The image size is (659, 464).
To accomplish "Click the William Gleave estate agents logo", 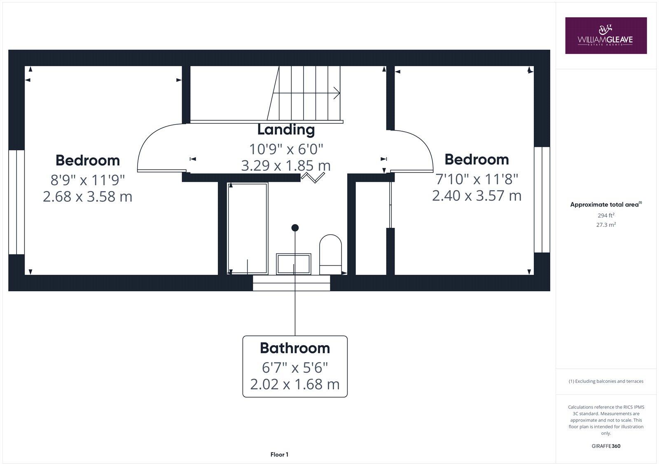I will click(x=605, y=35).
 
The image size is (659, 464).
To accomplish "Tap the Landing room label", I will click(x=286, y=130).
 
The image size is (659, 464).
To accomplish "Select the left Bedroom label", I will click(x=88, y=160).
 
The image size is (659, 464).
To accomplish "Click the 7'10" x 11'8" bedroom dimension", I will click(x=477, y=179).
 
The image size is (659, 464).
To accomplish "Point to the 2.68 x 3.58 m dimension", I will click(x=88, y=196).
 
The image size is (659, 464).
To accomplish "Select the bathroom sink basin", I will click(x=293, y=264).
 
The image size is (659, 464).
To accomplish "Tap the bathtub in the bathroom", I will click(x=248, y=228).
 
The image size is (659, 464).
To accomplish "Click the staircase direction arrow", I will click(x=336, y=93).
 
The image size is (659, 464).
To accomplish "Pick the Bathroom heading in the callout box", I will click(x=295, y=348).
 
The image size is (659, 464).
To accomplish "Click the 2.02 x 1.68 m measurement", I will click(x=295, y=384).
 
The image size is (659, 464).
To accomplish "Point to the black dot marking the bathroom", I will click(x=295, y=227).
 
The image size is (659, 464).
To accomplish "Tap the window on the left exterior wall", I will click(x=16, y=202).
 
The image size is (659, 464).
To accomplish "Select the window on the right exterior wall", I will click(x=542, y=200).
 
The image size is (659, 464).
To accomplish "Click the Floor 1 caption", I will click(x=279, y=455).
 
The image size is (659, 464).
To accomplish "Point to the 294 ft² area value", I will click(x=606, y=215).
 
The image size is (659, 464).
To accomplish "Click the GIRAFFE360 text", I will click(x=606, y=446).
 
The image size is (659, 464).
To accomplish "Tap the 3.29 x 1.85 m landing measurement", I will click(x=286, y=165).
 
